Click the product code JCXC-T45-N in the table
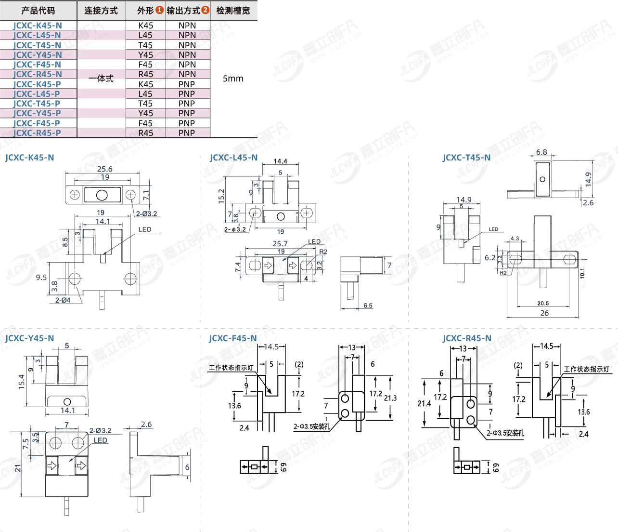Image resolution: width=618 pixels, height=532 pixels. tap(38, 45)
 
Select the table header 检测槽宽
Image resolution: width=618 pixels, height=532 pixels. tap(233, 11)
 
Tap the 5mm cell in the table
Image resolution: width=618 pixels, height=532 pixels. tap(233, 79)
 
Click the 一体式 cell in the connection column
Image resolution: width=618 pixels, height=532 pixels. tap(101, 79)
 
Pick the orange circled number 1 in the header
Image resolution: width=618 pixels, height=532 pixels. tap(159, 10)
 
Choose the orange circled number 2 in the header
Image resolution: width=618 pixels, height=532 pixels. tap(206, 10)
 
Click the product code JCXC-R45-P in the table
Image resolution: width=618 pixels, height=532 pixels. tap(37, 133)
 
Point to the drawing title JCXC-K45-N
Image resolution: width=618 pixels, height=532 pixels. tap(29, 158)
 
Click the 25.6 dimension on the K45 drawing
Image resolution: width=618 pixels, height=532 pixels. tap(104, 169)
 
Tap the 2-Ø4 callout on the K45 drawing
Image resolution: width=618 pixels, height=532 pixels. tap(63, 300)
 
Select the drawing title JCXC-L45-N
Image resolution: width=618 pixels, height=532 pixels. tap(234, 158)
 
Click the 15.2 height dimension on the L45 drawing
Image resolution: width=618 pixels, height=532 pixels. tap(221, 196)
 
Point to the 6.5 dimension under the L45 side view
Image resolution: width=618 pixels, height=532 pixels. tap(368, 306)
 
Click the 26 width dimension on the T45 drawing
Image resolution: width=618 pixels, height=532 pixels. tap(544, 313)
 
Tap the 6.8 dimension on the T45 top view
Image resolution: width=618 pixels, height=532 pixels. tap(541, 152)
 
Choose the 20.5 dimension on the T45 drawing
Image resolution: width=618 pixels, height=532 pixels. tap(543, 303)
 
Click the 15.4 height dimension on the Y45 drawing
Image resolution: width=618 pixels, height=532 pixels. tap(22, 382)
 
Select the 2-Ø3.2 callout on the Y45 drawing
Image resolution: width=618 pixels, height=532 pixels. tap(100, 430)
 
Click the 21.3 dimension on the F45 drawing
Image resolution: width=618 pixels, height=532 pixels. tap(390, 398)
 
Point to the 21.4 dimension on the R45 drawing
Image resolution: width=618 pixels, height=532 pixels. tap(424, 403)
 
